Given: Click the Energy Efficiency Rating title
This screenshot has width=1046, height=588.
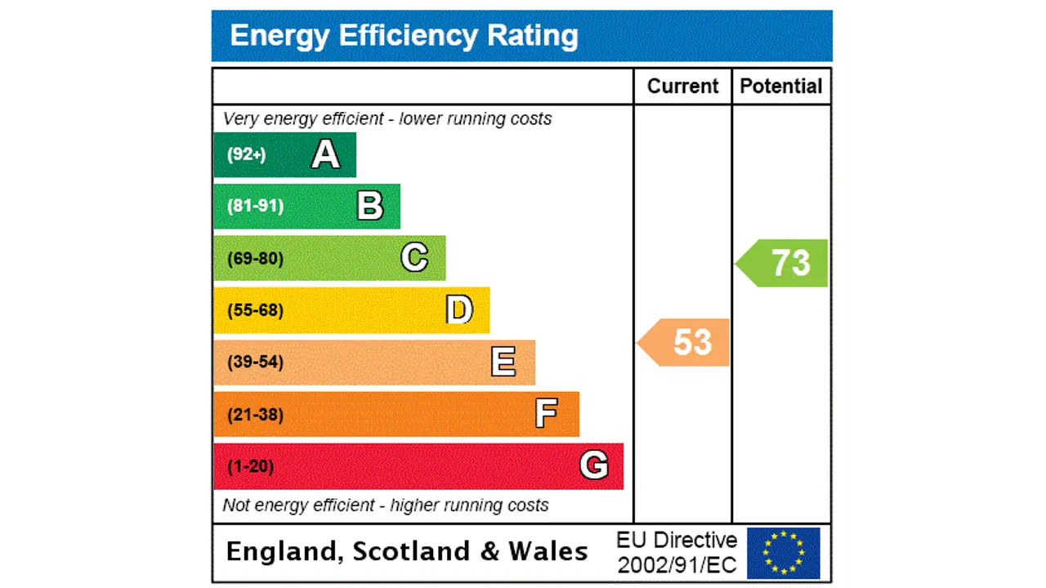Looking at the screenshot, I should [404, 36].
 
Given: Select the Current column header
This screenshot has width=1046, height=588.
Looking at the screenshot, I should [682, 87].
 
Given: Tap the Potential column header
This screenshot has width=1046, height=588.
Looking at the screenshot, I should [780, 87].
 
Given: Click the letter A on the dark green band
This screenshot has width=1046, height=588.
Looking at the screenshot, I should [325, 154].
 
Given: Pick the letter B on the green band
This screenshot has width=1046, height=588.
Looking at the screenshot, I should [370, 206].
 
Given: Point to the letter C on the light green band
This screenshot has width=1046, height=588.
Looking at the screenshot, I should [414, 258].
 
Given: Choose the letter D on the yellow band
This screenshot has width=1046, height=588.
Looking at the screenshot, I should [459, 310].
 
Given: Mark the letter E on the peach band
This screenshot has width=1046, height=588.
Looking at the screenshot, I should [503, 362].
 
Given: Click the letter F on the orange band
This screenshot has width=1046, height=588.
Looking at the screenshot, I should [547, 414].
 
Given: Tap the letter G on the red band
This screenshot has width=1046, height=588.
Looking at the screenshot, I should [593, 465].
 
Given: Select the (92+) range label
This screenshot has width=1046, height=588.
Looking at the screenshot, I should [246, 154].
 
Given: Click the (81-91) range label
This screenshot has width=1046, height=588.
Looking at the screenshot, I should [255, 206].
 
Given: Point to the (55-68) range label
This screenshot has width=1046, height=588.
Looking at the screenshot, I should [255, 310].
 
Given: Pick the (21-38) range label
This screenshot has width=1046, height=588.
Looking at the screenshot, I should [255, 414].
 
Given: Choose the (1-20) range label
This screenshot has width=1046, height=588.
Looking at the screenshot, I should [250, 466].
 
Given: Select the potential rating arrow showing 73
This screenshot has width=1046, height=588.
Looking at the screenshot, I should [784, 263].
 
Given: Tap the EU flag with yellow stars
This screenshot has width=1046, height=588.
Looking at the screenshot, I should [783, 553].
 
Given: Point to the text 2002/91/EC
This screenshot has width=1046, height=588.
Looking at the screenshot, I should [677, 564].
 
